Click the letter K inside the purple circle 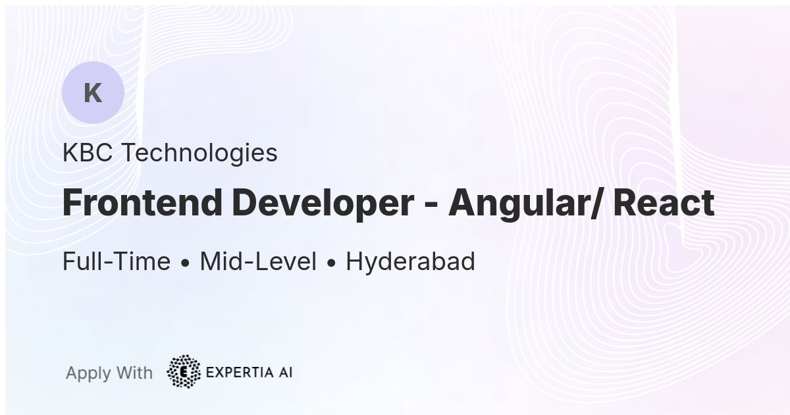[x=93, y=93]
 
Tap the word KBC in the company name [x=88, y=153]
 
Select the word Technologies [x=199, y=154]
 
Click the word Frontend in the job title [x=142, y=203]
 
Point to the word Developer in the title [x=323, y=205]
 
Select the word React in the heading [x=664, y=203]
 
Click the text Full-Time [x=117, y=261]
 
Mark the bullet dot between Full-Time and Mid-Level [x=186, y=263]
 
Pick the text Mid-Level [x=258, y=261]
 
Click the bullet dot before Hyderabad [x=331, y=263]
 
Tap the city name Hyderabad [x=411, y=262]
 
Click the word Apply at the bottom [x=88, y=373]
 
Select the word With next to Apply [x=134, y=373]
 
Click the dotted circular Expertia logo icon [x=184, y=372]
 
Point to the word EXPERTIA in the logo [x=240, y=372]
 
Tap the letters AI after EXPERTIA [x=285, y=372]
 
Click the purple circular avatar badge [x=93, y=92]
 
